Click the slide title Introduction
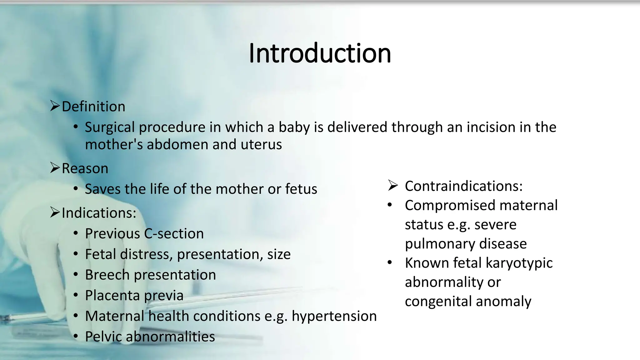(x=320, y=53)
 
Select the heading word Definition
(x=93, y=107)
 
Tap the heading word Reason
(x=85, y=168)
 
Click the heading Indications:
(x=99, y=213)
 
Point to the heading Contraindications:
(x=464, y=186)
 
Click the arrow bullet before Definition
(x=55, y=106)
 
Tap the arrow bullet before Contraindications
(x=393, y=186)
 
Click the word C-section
(x=174, y=234)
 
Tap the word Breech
(x=107, y=275)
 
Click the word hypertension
(x=334, y=316)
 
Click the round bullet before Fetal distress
(x=76, y=254)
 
